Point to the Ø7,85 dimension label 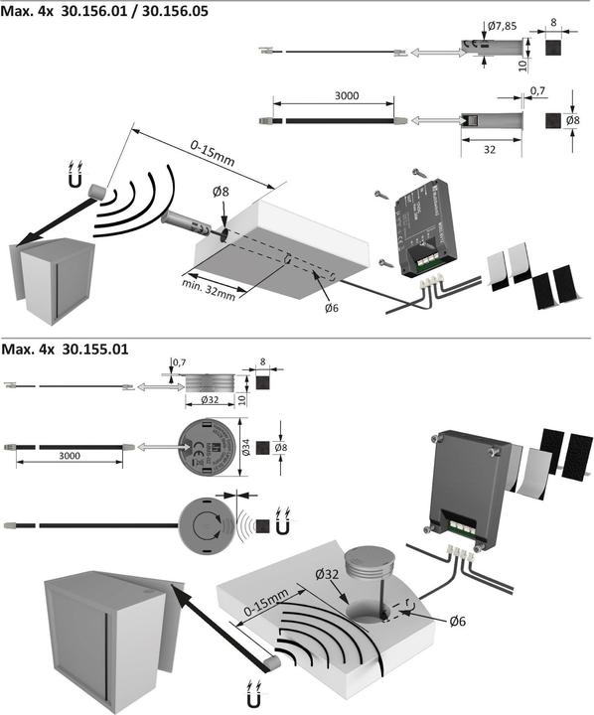click(x=503, y=27)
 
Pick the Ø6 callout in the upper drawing click(x=332, y=309)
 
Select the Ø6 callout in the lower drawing click(x=458, y=621)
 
